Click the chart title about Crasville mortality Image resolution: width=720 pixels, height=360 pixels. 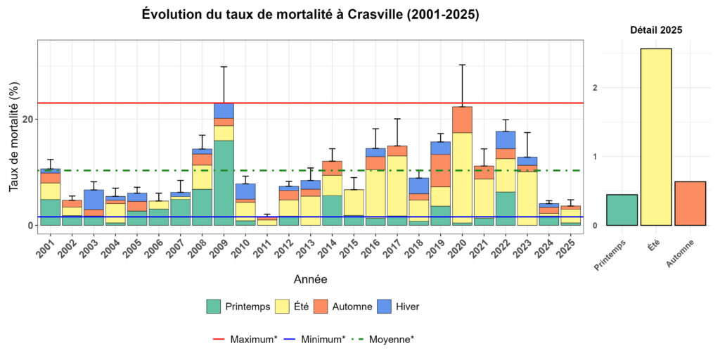pyautogui.click(x=310, y=14)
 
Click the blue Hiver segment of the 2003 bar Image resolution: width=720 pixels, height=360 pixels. pyautogui.click(x=94, y=199)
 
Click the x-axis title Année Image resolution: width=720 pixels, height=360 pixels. pyautogui.click(x=309, y=279)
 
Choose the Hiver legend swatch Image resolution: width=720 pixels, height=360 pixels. pyautogui.click(x=384, y=307)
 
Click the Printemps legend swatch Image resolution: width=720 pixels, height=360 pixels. pyautogui.click(x=214, y=307)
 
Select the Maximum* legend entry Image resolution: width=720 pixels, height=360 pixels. pyautogui.click(x=243, y=339)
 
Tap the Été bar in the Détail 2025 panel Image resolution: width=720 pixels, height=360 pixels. pyautogui.click(x=655, y=137)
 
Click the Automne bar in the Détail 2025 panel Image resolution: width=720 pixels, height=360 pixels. pyautogui.click(x=690, y=203)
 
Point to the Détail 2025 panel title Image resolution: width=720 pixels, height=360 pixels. pyautogui.click(x=655, y=30)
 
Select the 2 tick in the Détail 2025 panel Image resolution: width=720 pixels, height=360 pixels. pyautogui.click(x=595, y=88)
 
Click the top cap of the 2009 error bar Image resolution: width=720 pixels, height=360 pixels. pyautogui.click(x=224, y=67)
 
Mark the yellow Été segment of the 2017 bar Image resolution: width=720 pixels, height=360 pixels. pyautogui.click(x=397, y=186)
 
